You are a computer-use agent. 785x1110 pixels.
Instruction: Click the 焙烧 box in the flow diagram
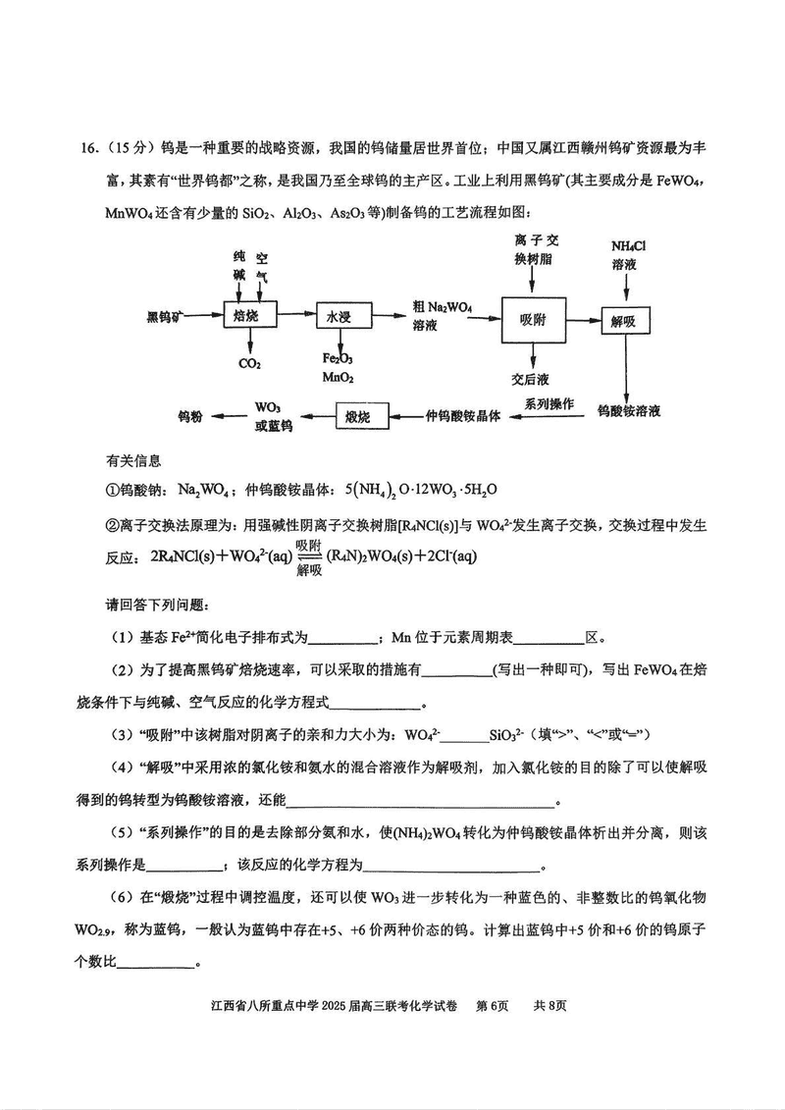246,315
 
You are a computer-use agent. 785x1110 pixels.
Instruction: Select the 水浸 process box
339,315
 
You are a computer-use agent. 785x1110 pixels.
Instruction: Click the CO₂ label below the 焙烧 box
249,364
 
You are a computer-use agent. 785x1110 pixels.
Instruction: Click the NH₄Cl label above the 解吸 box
629,244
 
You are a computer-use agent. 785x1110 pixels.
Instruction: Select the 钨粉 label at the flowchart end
190,416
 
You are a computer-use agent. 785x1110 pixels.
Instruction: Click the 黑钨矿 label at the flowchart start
166,315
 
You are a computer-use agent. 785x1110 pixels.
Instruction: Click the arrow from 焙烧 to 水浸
292,315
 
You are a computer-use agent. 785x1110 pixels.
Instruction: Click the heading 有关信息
133,460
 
